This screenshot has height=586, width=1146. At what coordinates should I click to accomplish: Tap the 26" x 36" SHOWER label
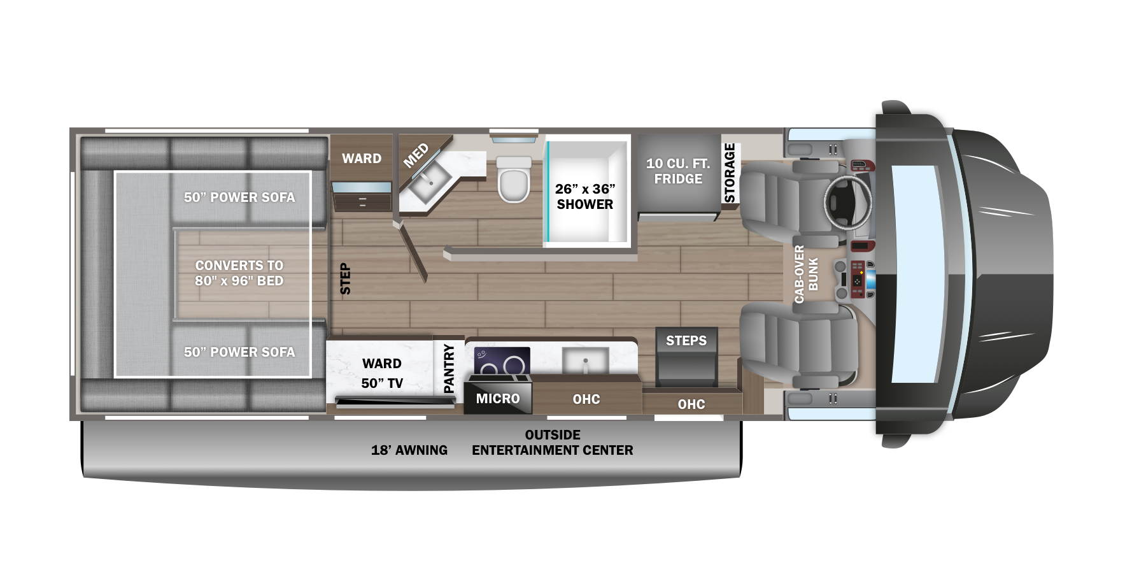tap(585, 197)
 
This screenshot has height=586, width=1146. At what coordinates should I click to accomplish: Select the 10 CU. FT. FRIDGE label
tap(678, 171)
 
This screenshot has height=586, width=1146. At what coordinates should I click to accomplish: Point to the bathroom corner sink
tap(430, 182)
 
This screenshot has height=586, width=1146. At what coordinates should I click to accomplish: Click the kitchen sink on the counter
tap(585, 361)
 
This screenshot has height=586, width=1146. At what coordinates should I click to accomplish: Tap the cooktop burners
tap(502, 362)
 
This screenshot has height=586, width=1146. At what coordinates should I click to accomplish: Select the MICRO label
tap(498, 399)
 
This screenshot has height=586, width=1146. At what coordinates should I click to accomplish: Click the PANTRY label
tap(449, 368)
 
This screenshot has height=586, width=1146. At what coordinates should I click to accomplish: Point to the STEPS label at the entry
tap(686, 341)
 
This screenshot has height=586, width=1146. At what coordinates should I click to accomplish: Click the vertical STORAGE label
tap(730, 173)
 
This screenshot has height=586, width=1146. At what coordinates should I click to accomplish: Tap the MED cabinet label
tap(416, 156)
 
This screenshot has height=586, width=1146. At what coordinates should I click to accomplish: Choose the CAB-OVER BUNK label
tap(806, 274)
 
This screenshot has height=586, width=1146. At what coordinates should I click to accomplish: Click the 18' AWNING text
tap(409, 450)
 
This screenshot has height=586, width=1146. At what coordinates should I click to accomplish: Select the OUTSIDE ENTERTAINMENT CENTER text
tap(553, 443)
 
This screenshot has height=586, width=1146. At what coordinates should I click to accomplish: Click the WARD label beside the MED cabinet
tap(362, 159)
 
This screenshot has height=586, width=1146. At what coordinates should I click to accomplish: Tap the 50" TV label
tap(382, 383)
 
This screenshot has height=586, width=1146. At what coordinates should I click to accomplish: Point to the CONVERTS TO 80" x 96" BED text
tap(239, 273)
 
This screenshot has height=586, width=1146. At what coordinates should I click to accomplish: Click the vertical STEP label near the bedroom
tap(345, 279)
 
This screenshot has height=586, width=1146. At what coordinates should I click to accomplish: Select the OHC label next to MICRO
tap(586, 399)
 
